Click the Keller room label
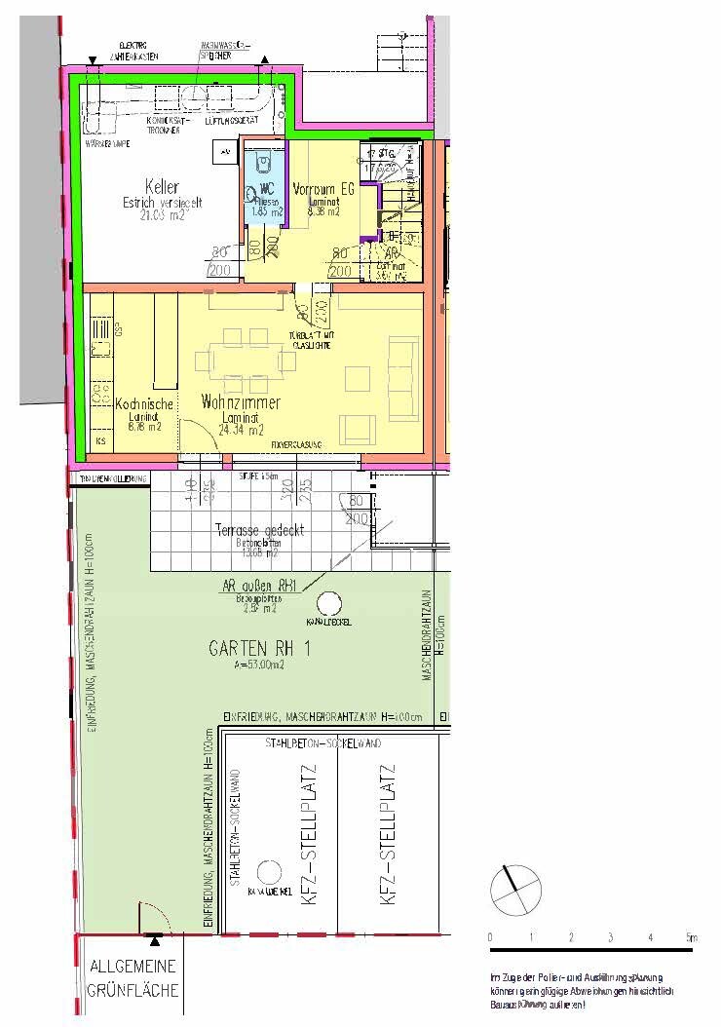tap(161, 186)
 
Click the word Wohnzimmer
tap(241, 401)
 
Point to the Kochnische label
tap(144, 403)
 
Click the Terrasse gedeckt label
tap(259, 530)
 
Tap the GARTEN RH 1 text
tap(259, 648)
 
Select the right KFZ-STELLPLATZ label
tap(388, 836)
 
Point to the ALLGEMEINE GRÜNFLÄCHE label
tap(133, 979)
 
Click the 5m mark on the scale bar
tap(690, 937)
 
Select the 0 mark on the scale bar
tap(490, 937)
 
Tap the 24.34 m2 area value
tap(241, 429)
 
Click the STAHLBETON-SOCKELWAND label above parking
tap(322, 743)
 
